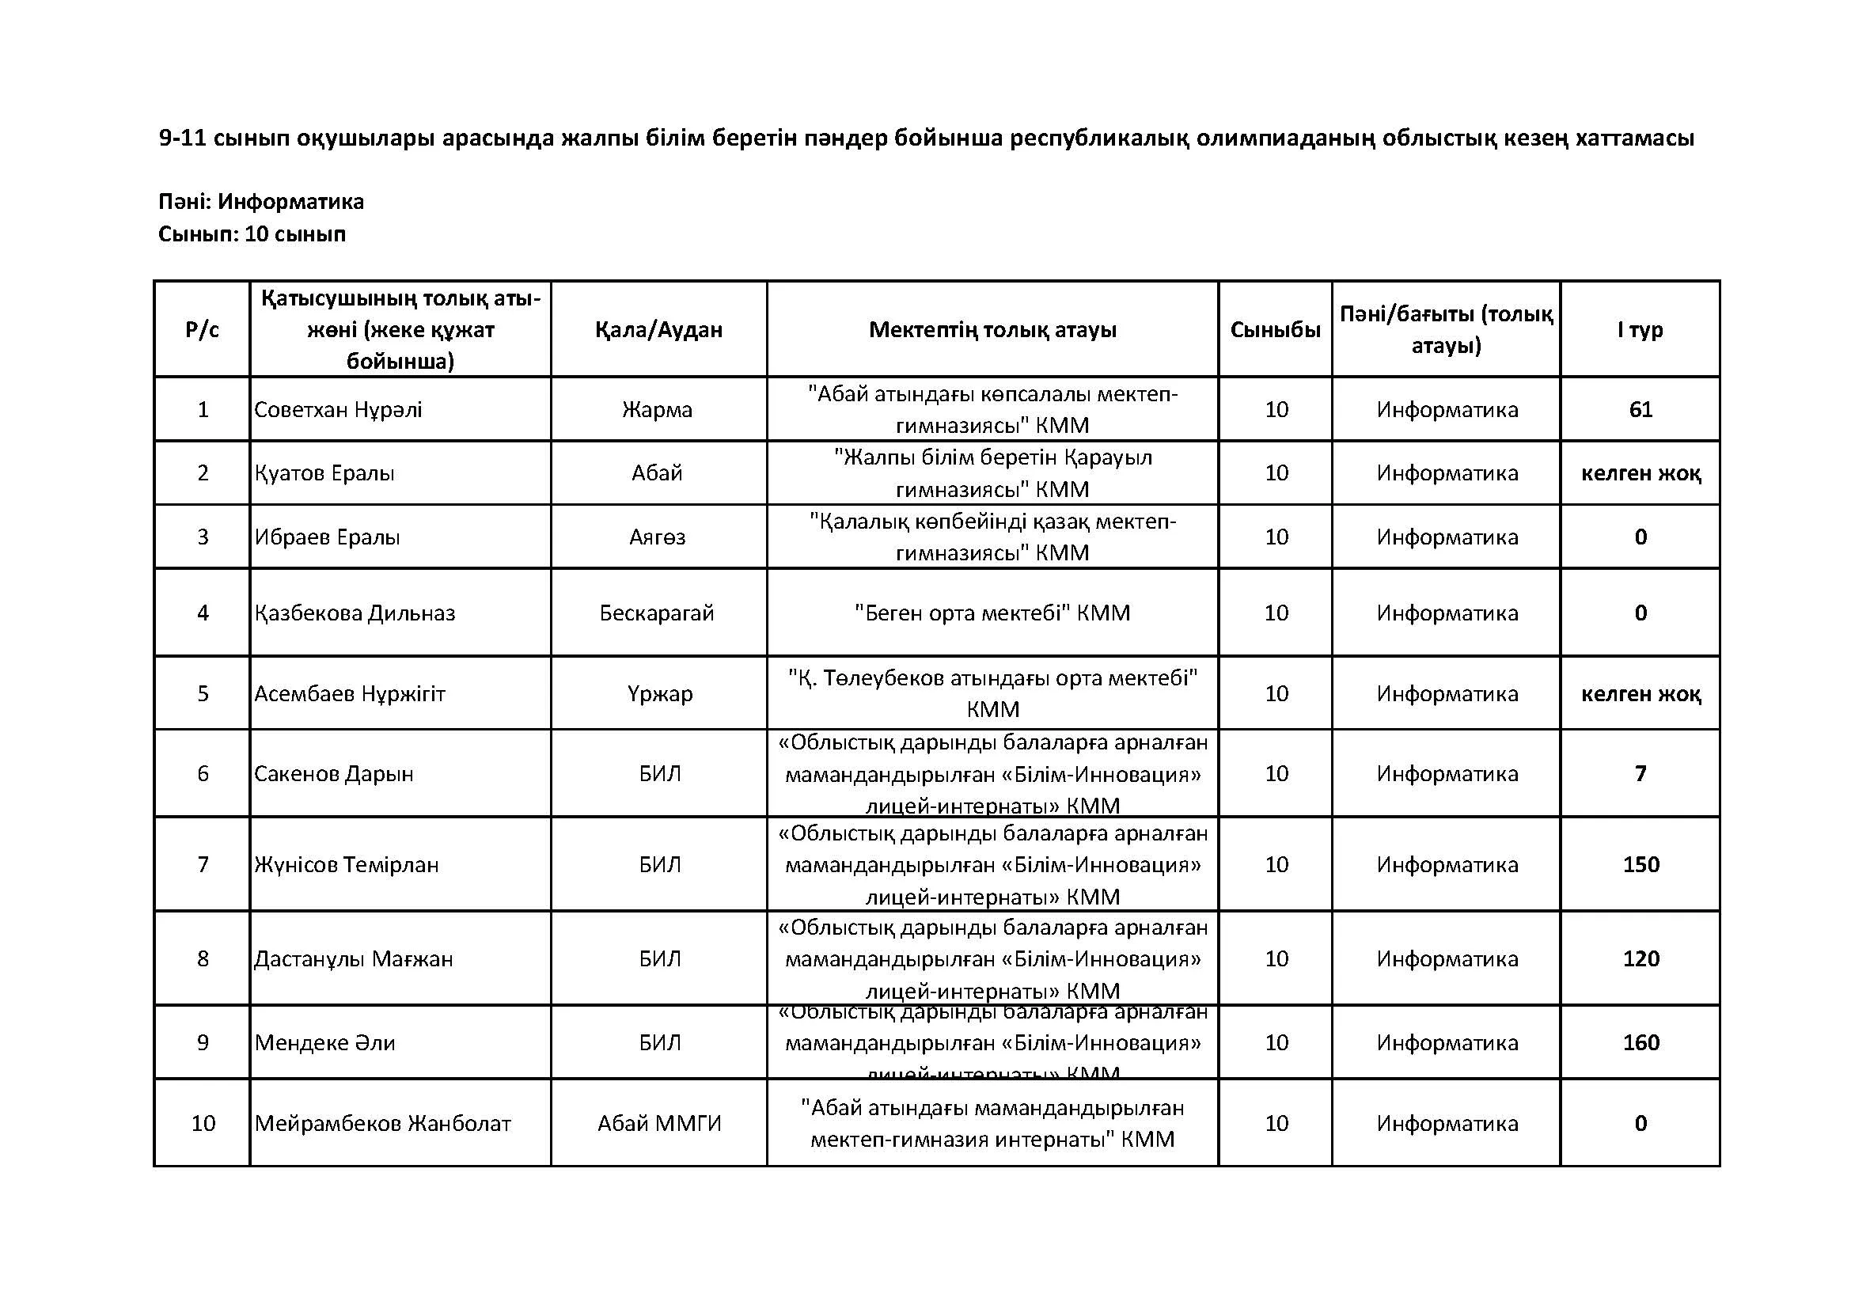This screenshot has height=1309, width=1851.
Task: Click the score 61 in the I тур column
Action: click(x=1640, y=409)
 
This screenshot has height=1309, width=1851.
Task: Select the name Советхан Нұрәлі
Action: click(x=338, y=409)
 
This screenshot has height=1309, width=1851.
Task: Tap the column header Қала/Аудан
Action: click(x=658, y=330)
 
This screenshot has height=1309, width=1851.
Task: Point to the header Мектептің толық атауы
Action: click(x=992, y=330)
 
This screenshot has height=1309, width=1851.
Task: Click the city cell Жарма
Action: click(x=657, y=409)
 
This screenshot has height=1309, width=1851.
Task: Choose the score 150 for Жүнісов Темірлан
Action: click(x=1640, y=865)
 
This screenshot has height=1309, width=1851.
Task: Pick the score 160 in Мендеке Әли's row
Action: click(x=1640, y=1043)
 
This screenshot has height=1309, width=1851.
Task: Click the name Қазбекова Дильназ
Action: click(x=355, y=613)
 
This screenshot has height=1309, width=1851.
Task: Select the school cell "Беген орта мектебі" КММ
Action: click(x=992, y=613)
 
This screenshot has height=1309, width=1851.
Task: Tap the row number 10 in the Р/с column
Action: click(x=203, y=1124)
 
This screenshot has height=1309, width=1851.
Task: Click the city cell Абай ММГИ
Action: click(x=658, y=1124)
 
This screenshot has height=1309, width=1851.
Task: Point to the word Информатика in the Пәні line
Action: click(x=290, y=202)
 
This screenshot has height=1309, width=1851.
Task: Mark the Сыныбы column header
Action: click(x=1275, y=330)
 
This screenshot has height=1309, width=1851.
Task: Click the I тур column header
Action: click(x=1640, y=330)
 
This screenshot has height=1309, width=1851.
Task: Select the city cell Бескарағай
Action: click(x=657, y=613)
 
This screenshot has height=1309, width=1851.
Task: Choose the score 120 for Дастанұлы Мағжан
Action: click(x=1640, y=959)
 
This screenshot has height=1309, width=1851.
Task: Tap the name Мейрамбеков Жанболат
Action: click(x=382, y=1124)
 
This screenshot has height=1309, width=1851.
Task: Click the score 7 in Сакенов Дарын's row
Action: click(x=1640, y=774)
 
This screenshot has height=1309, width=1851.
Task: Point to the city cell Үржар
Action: click(x=659, y=694)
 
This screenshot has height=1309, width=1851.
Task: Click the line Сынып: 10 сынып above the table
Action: click(x=252, y=234)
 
